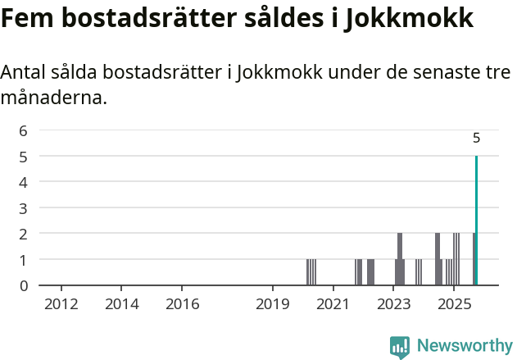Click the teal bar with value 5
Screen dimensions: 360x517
pos(476,221)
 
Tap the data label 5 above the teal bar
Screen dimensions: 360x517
pos(476,139)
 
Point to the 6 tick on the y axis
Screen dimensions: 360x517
pos(24,130)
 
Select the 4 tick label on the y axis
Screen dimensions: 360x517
pos(24,181)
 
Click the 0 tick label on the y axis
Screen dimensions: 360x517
pos(24,285)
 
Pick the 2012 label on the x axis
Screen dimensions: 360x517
pos(61,304)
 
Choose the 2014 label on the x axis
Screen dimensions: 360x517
pos(121,304)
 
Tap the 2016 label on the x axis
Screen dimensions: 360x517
pos(182,304)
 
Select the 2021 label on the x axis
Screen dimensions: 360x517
pos(333,304)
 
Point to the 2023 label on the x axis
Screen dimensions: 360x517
pos(393,304)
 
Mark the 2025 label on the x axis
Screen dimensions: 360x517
pos(454,304)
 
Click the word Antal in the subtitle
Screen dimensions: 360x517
pos(24,72)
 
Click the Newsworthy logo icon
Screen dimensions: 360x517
pos(400,347)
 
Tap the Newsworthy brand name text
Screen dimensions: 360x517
pos(465,346)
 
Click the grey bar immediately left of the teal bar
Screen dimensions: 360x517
pos(474,259)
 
